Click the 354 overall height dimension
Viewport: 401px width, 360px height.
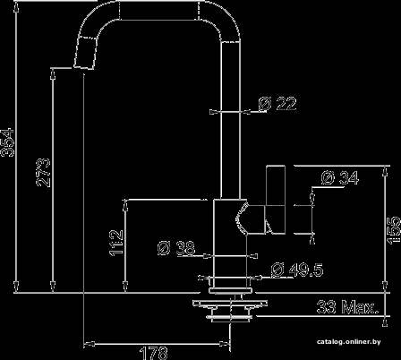7,142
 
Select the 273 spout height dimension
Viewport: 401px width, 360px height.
44,173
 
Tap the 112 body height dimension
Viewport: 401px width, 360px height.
116,243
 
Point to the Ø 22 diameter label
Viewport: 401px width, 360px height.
277,104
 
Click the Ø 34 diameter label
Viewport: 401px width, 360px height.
340,178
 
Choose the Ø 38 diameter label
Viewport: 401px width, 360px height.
176,248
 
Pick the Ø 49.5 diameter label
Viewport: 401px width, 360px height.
297,270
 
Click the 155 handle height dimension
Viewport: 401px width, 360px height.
394,230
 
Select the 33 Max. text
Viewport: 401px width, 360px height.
346,306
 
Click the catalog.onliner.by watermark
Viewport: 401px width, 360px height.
349,341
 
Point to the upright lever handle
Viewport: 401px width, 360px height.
275,199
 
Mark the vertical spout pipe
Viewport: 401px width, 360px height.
230,119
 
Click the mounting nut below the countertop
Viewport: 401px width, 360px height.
230,315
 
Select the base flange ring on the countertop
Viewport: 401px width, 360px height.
231,290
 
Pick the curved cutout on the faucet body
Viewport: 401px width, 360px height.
241,218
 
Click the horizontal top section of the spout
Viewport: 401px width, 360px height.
158,11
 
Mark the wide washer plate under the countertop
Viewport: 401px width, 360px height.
230,304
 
